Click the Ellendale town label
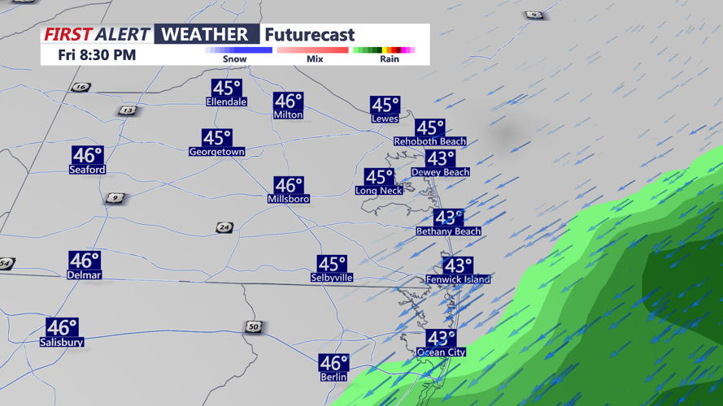coord(226,102)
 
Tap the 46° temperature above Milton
coord(288,101)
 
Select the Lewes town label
coord(385,119)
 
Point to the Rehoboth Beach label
coord(429,141)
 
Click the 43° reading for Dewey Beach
coord(440,158)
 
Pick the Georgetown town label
coord(216,152)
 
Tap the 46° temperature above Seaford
coord(87,154)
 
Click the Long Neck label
coord(378,191)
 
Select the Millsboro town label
coord(288,199)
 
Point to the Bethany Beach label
coord(448,231)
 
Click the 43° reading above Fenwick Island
coord(458,266)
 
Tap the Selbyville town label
coord(332,278)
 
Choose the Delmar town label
coord(84,275)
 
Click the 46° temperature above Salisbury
coord(62,327)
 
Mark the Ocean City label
coord(441,352)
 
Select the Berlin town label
coord(333,377)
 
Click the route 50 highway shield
coord(254,326)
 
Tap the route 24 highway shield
coord(224,227)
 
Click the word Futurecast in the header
coord(309,35)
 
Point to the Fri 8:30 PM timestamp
coord(97,55)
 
